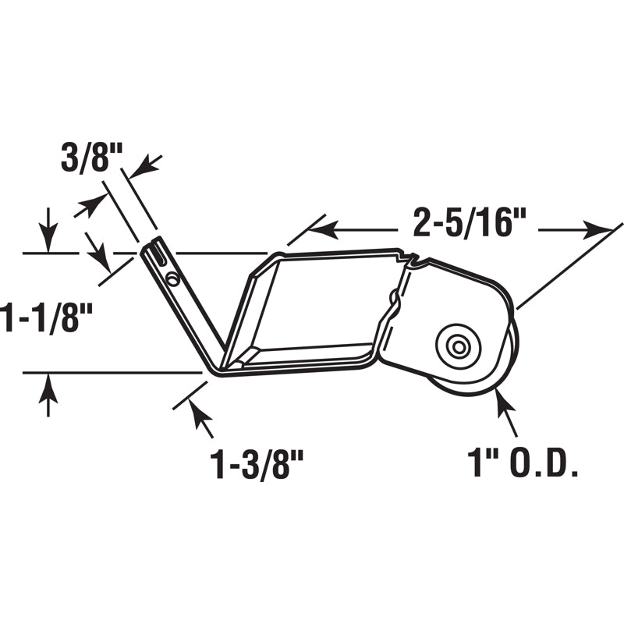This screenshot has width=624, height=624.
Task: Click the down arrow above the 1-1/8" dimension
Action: (48, 240)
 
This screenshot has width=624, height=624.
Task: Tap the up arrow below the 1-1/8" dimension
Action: (48, 386)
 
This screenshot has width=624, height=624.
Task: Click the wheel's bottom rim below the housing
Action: (468, 390)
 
